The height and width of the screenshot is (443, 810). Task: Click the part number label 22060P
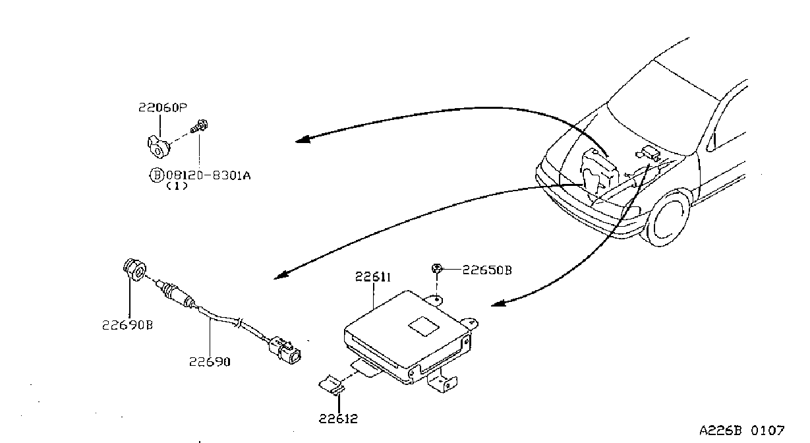click(163, 107)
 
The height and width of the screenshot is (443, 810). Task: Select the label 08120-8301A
click(208, 176)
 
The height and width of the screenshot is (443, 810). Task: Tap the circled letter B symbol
click(157, 175)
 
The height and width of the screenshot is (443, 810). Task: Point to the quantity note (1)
click(177, 187)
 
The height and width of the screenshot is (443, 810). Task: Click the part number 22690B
click(127, 325)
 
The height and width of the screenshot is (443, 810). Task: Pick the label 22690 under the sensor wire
click(210, 362)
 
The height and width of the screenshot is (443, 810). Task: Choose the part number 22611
click(373, 277)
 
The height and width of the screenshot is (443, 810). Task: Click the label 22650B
click(487, 270)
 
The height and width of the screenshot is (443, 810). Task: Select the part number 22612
click(338, 419)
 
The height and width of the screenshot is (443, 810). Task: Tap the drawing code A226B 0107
click(742, 430)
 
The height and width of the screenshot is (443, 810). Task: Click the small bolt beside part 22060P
click(199, 127)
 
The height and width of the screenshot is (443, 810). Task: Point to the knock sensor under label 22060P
click(158, 147)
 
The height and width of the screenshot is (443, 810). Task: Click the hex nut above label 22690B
click(134, 270)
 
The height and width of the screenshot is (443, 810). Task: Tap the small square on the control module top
click(423, 326)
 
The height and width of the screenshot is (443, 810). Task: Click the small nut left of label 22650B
click(437, 268)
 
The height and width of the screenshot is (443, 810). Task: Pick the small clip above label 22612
click(332, 385)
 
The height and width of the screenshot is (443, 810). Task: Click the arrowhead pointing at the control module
click(498, 303)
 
